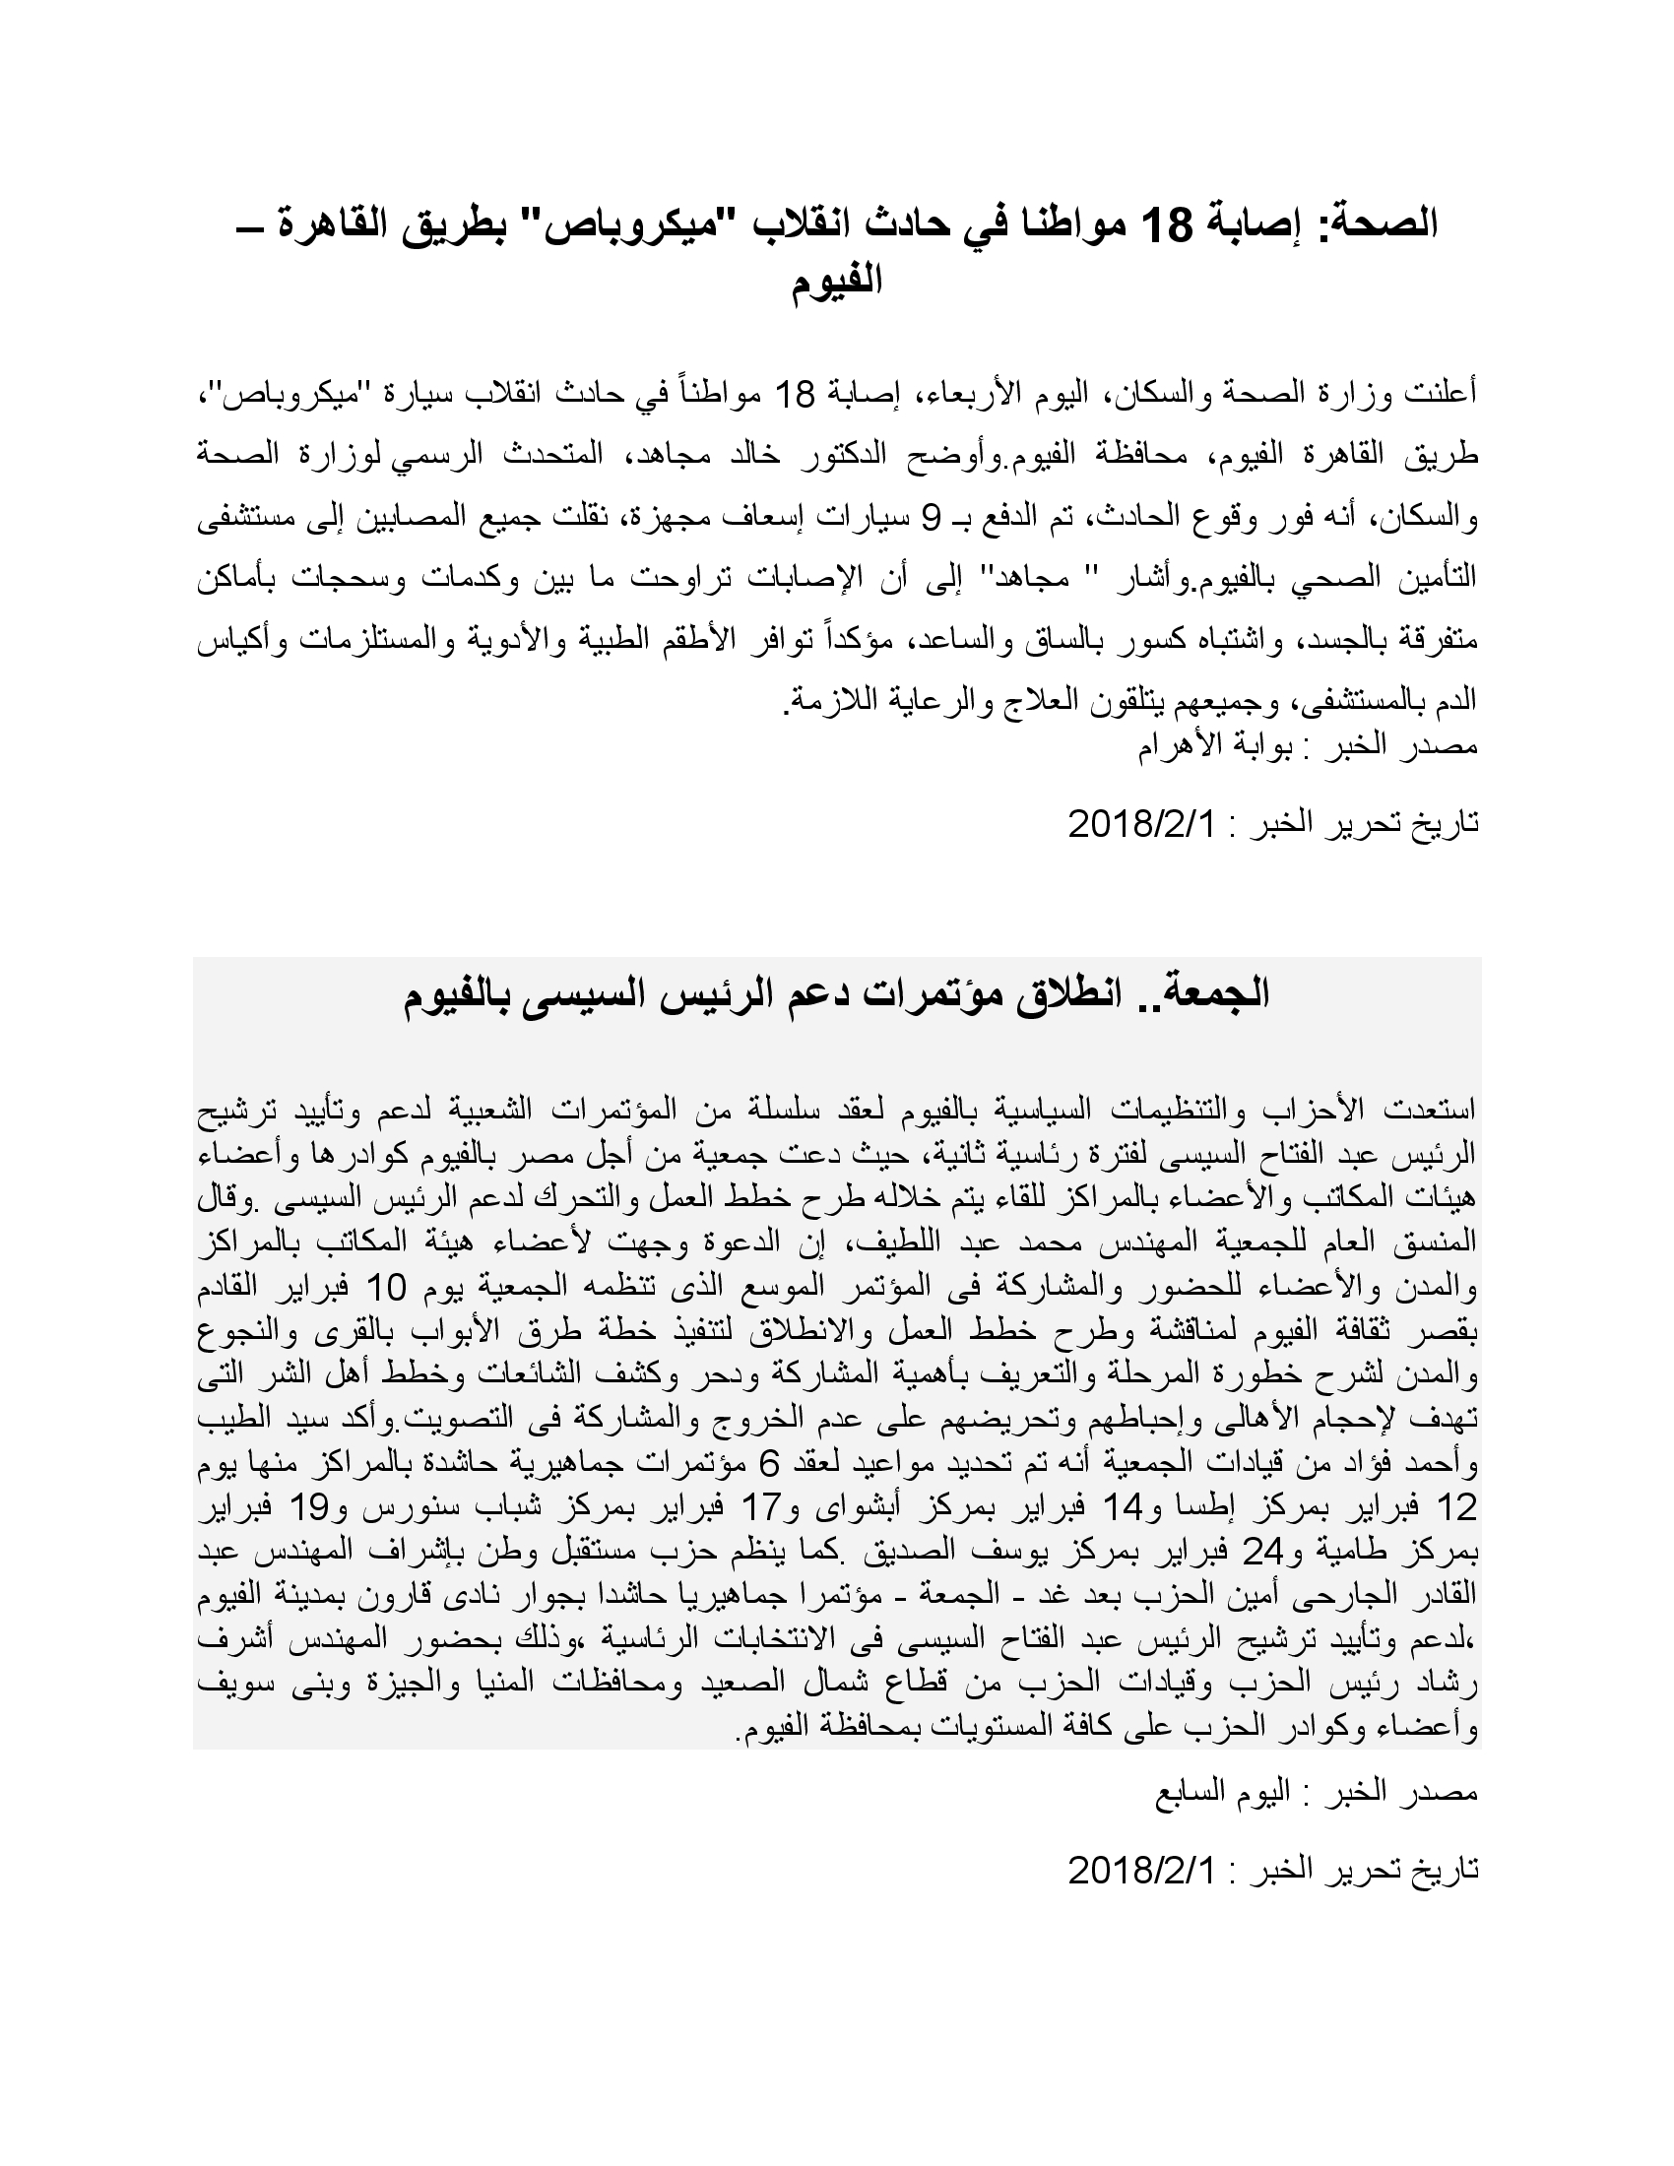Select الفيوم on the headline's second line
point(838,283)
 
